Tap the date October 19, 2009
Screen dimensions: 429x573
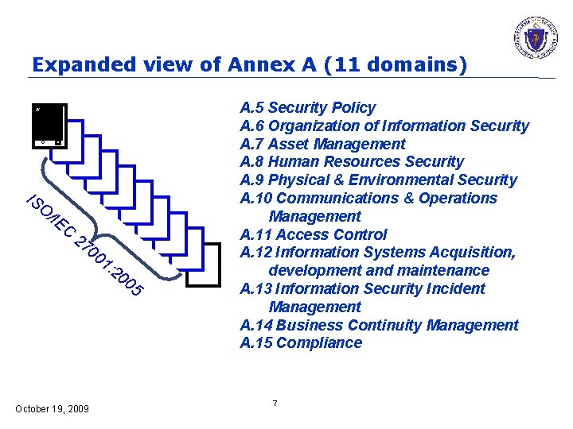click(53, 408)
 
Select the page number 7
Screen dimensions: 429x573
click(275, 404)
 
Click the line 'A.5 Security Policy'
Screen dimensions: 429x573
click(307, 107)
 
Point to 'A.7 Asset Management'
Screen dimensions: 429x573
click(322, 144)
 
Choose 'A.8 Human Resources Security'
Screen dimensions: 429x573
click(351, 162)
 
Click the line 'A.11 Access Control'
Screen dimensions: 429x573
click(313, 234)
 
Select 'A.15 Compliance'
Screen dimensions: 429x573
click(301, 343)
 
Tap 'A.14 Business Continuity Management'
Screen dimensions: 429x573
click(379, 325)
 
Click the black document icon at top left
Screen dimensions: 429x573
click(48, 126)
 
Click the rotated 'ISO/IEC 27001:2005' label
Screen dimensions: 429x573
click(84, 246)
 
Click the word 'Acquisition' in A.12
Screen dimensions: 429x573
click(471, 253)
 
